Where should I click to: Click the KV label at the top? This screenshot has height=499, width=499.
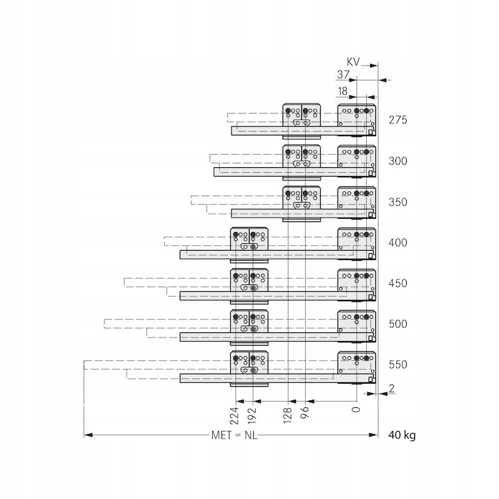(x=354, y=61)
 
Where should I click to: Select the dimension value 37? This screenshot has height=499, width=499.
(x=343, y=75)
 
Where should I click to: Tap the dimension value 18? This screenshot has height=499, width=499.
(x=342, y=91)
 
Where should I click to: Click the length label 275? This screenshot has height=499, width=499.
(x=397, y=120)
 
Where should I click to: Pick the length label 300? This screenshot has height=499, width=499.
(x=397, y=161)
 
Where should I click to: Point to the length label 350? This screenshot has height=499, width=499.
(x=397, y=202)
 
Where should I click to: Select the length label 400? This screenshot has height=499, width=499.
(x=397, y=243)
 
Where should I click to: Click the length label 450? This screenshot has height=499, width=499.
(x=397, y=283)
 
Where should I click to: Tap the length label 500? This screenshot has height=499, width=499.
(x=397, y=324)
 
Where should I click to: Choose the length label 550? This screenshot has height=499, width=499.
(x=397, y=364)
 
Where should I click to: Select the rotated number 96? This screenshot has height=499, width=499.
(x=305, y=417)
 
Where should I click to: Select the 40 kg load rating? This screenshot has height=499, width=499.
(x=402, y=435)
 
